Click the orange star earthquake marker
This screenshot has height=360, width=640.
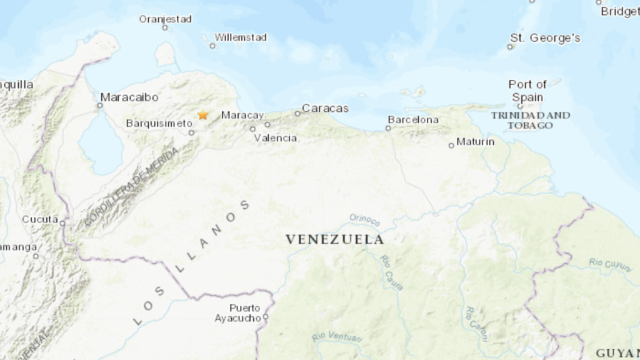click(x=202, y=115)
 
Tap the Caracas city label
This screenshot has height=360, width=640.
click(x=325, y=108)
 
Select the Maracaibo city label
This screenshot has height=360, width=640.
click(x=129, y=97)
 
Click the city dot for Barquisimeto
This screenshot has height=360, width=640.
click(x=192, y=132)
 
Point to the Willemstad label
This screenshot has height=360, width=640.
click(x=241, y=37)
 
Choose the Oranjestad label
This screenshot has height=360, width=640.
click(x=165, y=19)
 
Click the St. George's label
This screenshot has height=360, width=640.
click(x=545, y=38)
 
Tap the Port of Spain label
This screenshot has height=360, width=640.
click(x=527, y=91)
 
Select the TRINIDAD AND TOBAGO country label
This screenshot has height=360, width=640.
click(x=530, y=120)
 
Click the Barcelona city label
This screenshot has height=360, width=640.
click(x=413, y=119)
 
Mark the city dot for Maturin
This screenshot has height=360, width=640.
click(x=451, y=146)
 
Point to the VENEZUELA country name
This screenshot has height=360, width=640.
click(x=334, y=239)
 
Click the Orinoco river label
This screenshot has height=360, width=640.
click(x=364, y=219)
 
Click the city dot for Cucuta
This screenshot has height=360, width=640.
click(x=62, y=221)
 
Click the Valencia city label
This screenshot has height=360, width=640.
click(x=276, y=138)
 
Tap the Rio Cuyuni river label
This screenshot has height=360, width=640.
click(x=610, y=264)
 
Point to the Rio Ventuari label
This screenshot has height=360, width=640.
click(x=336, y=337)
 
